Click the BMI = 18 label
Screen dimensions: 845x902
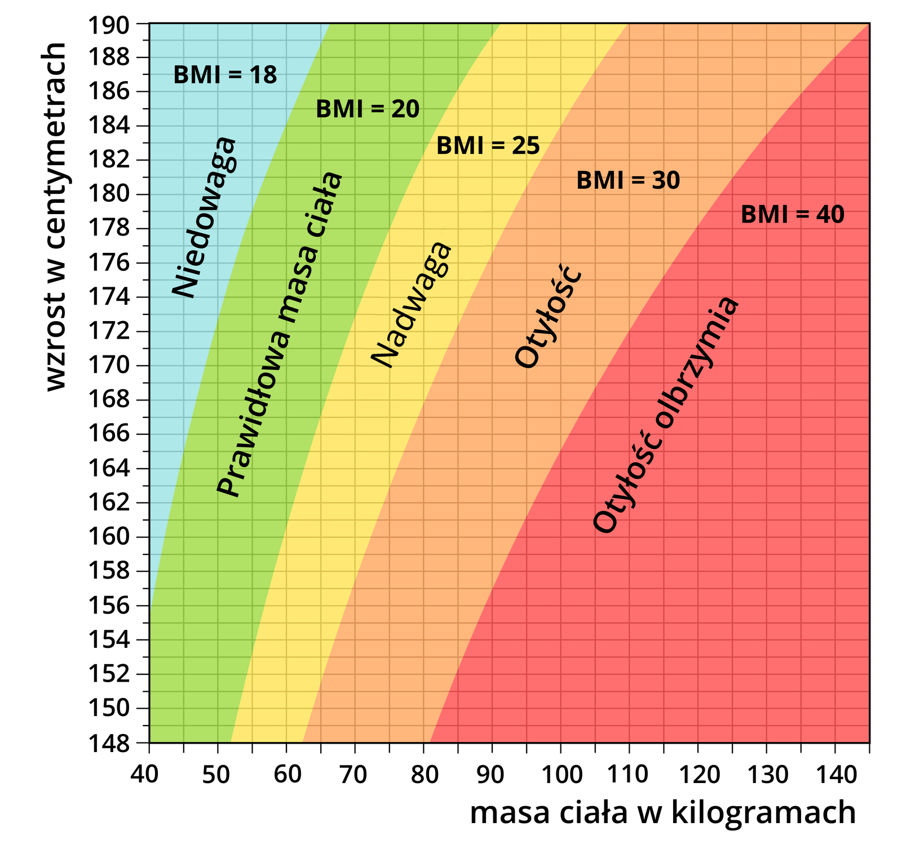pos(225,75)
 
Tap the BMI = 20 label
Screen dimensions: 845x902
pos(368,109)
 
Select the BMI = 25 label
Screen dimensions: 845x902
pos(488,146)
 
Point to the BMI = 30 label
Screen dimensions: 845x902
pos(628,181)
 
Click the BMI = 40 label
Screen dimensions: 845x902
pos(792,215)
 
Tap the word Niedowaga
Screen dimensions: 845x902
pos(204,217)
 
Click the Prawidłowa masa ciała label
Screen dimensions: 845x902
pos(280,335)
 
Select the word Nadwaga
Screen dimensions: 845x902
pos(411,305)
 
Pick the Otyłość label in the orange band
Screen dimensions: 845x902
pos(548,317)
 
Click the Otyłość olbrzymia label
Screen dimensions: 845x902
pos(665,415)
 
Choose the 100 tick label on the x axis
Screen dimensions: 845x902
pos(560,775)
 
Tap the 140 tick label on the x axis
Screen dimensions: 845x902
pos(835,775)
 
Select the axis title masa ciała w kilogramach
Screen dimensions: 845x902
pos(663,813)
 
